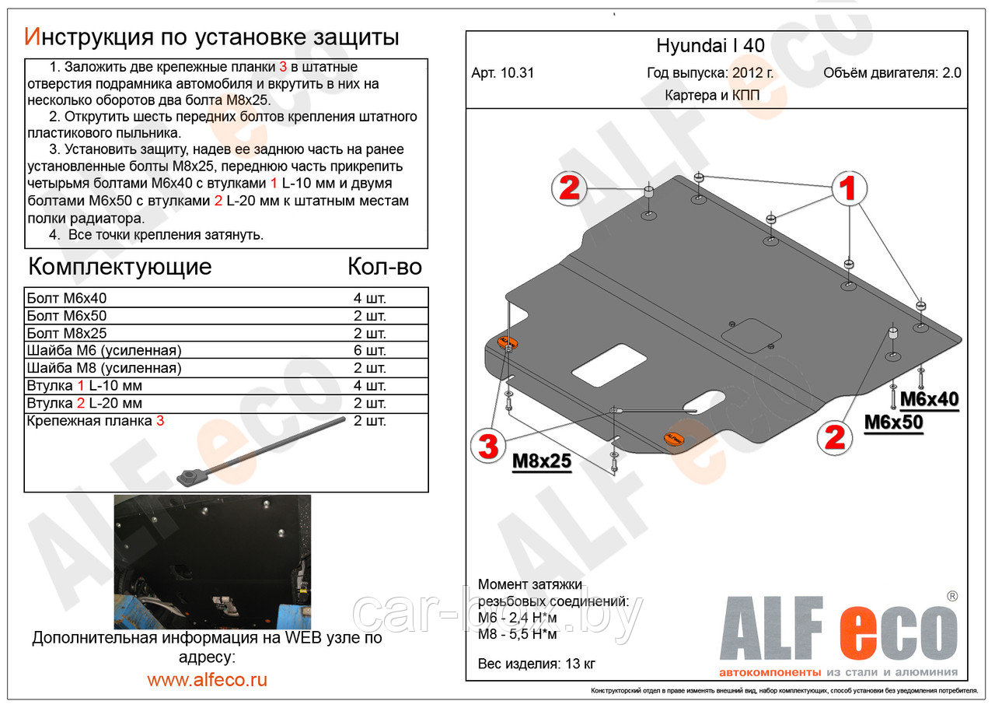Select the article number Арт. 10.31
502,74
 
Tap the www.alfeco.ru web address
207,679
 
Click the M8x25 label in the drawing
541,461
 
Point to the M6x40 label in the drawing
929,399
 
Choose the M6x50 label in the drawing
894,422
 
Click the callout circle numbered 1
847,188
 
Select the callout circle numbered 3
487,446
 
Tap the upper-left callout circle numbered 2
569,188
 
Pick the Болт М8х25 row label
67,333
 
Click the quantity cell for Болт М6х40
370,298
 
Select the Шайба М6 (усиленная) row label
103,351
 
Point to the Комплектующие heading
120,267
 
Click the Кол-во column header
384,267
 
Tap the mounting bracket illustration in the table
257,452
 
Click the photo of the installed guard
212,561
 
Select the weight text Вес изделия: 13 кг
536,664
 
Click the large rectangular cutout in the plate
609,365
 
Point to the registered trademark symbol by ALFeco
951,596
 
